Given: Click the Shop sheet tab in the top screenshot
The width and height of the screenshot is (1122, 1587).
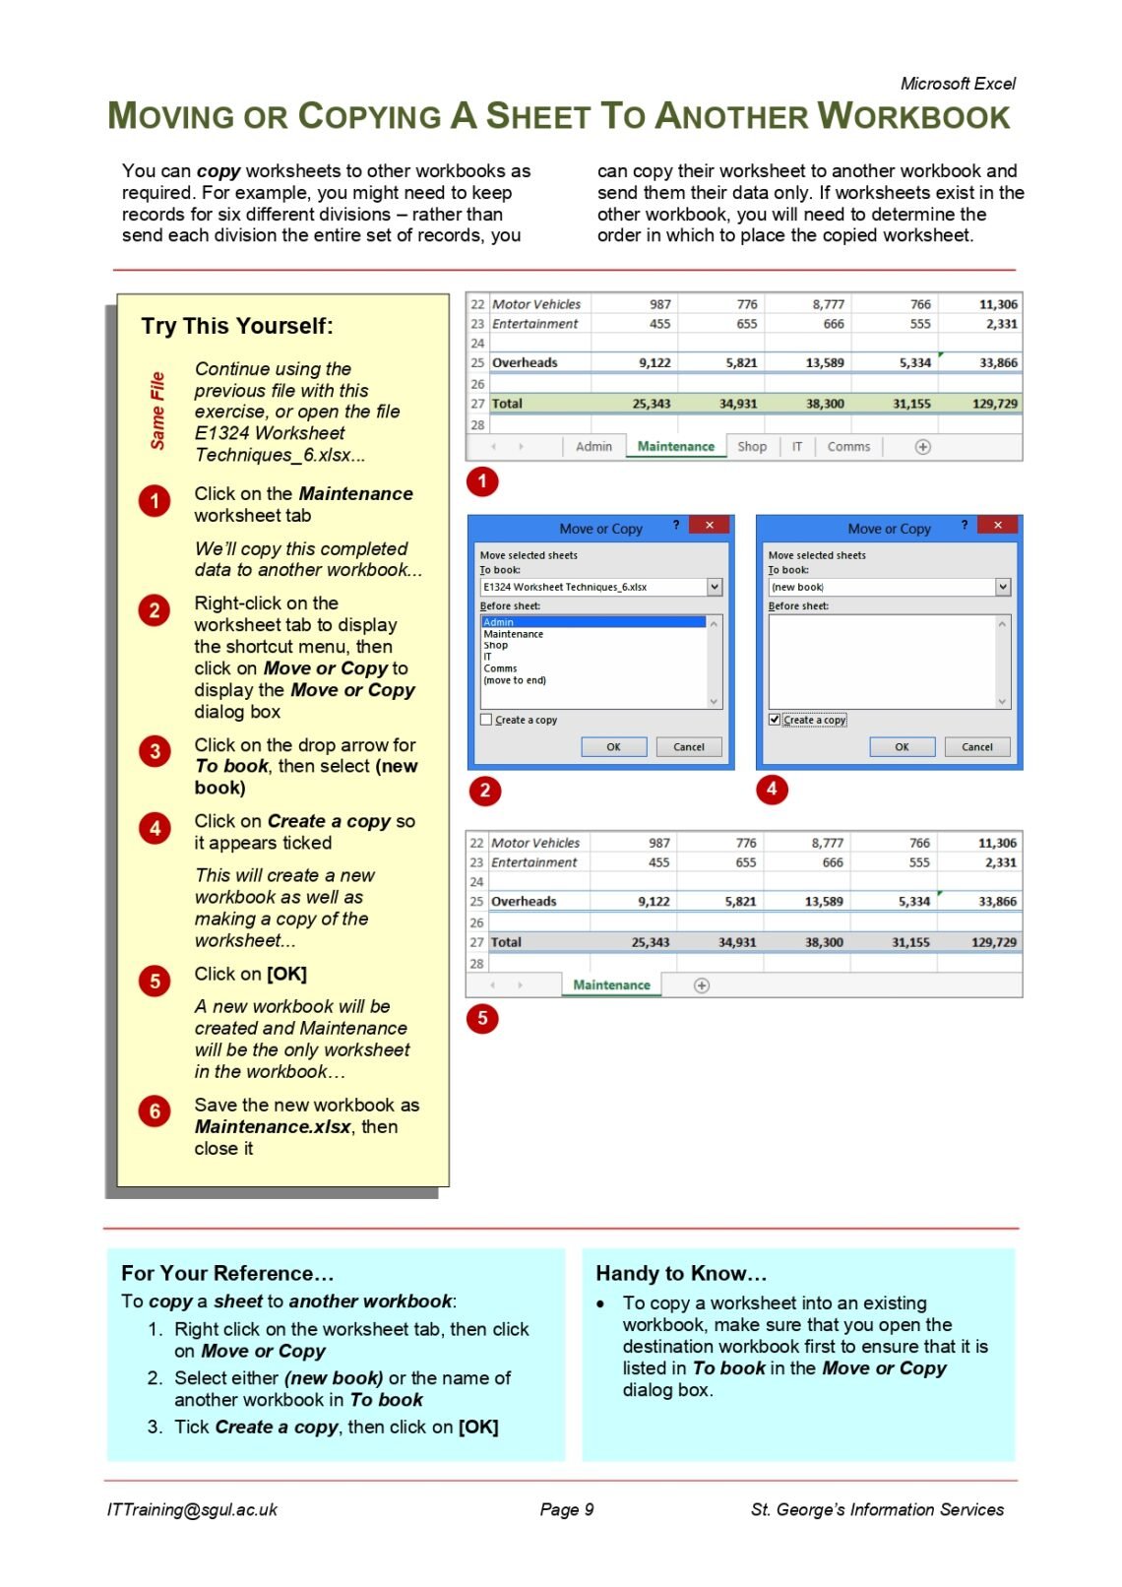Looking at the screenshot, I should (x=752, y=447).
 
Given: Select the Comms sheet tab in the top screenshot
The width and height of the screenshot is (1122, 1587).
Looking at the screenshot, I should (x=848, y=447).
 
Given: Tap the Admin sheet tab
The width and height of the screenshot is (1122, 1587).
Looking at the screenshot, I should (x=593, y=447).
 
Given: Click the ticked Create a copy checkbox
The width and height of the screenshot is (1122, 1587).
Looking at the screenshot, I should (x=775, y=720).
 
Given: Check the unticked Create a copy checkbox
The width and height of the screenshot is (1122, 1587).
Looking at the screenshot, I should (x=486, y=720).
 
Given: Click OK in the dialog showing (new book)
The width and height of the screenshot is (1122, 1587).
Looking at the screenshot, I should (x=902, y=747).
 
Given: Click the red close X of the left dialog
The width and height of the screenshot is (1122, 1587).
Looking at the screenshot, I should (x=709, y=526).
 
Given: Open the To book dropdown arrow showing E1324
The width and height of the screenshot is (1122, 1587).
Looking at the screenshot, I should (x=715, y=587).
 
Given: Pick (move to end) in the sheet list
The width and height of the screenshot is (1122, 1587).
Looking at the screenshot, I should (x=515, y=680).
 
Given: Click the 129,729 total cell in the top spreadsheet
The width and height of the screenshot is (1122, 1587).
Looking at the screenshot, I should (x=994, y=404).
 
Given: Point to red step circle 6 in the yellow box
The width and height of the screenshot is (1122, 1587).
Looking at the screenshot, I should (x=155, y=1111).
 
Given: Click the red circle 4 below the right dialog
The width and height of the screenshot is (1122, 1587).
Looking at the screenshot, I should (x=772, y=789).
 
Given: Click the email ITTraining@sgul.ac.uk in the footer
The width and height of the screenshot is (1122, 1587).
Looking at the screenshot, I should (x=192, y=1509).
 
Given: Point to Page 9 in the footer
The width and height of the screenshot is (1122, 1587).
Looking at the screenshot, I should (x=566, y=1509).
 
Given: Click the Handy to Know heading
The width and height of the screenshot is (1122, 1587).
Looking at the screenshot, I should (x=680, y=1273).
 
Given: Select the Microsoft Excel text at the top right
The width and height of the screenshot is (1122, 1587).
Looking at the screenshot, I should (x=957, y=84).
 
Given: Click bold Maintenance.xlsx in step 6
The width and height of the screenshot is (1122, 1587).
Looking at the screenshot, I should (x=273, y=1127).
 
